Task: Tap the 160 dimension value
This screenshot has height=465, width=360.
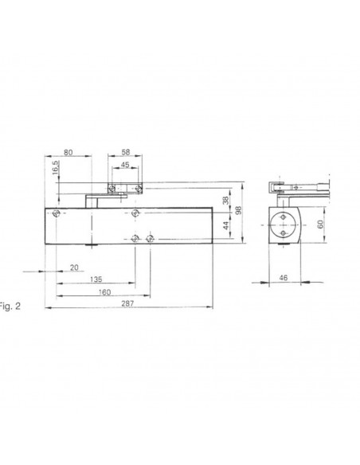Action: click(x=105, y=291)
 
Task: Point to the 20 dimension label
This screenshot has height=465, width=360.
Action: click(x=73, y=268)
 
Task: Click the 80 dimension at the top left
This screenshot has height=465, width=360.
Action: click(x=69, y=150)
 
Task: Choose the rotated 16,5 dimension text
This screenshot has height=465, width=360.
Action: click(x=55, y=170)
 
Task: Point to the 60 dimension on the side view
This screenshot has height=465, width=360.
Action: click(x=323, y=225)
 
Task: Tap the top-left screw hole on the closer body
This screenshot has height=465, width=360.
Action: click(x=56, y=213)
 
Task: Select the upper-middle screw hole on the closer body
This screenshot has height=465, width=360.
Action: click(x=137, y=213)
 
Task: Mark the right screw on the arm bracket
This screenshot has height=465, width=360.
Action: click(x=139, y=189)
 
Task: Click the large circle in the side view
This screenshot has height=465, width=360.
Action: click(x=283, y=225)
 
